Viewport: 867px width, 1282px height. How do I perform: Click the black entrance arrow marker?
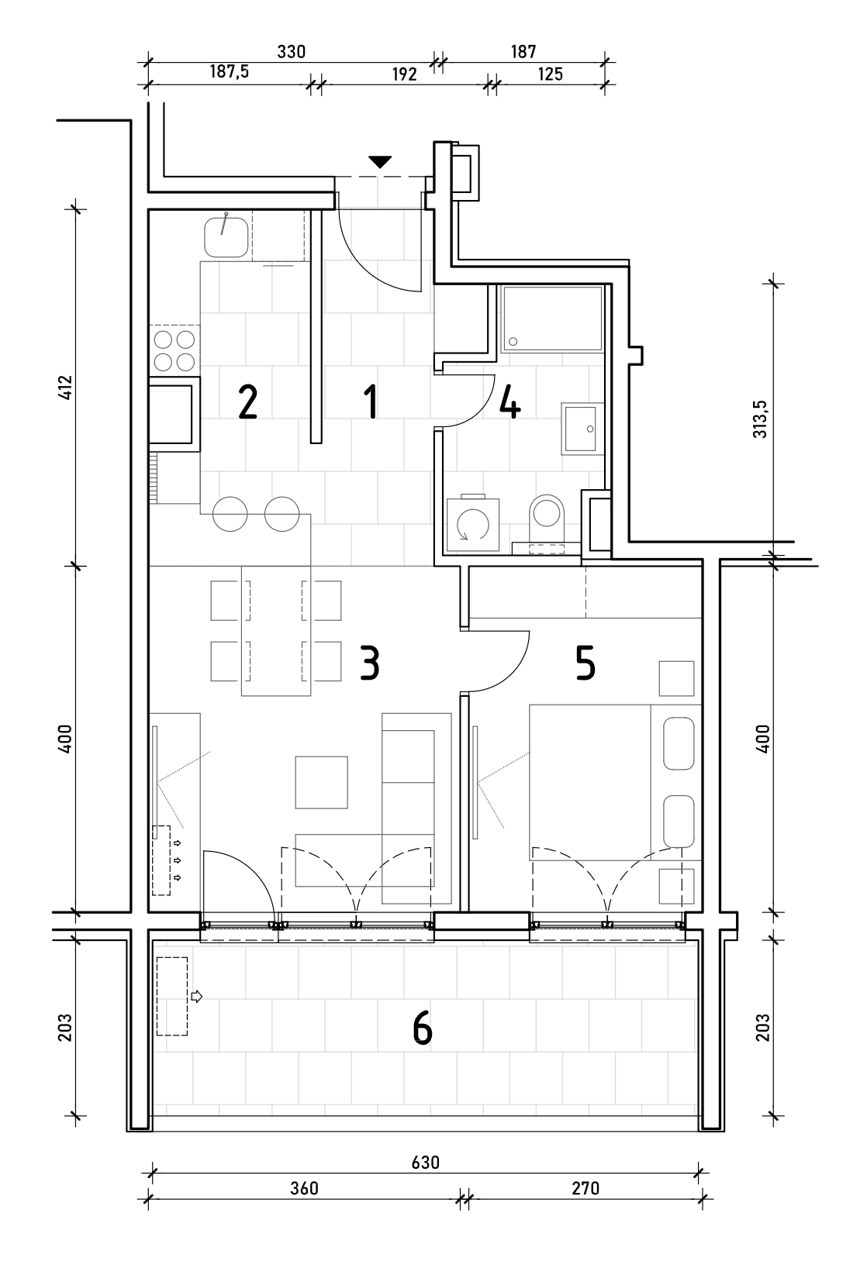point(380,162)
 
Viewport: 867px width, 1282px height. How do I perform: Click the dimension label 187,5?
point(229,71)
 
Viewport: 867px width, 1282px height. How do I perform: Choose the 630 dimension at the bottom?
point(426,1163)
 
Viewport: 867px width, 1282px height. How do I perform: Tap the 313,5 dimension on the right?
point(760,419)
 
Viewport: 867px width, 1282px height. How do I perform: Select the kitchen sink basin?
point(226,237)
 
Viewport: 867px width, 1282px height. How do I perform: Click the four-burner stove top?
point(174,351)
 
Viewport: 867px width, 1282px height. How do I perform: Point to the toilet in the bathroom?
point(546,518)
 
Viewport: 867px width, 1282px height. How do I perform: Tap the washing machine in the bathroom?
point(472,524)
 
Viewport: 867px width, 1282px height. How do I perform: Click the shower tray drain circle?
point(513,342)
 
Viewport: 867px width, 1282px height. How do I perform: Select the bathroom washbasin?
point(582,429)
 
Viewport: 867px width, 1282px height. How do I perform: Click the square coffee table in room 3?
point(321,782)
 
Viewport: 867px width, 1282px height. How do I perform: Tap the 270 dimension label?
point(585,1189)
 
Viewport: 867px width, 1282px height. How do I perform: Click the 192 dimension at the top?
point(404,74)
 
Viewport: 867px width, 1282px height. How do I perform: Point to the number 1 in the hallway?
point(371,401)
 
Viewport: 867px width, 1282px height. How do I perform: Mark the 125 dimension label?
point(551,74)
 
